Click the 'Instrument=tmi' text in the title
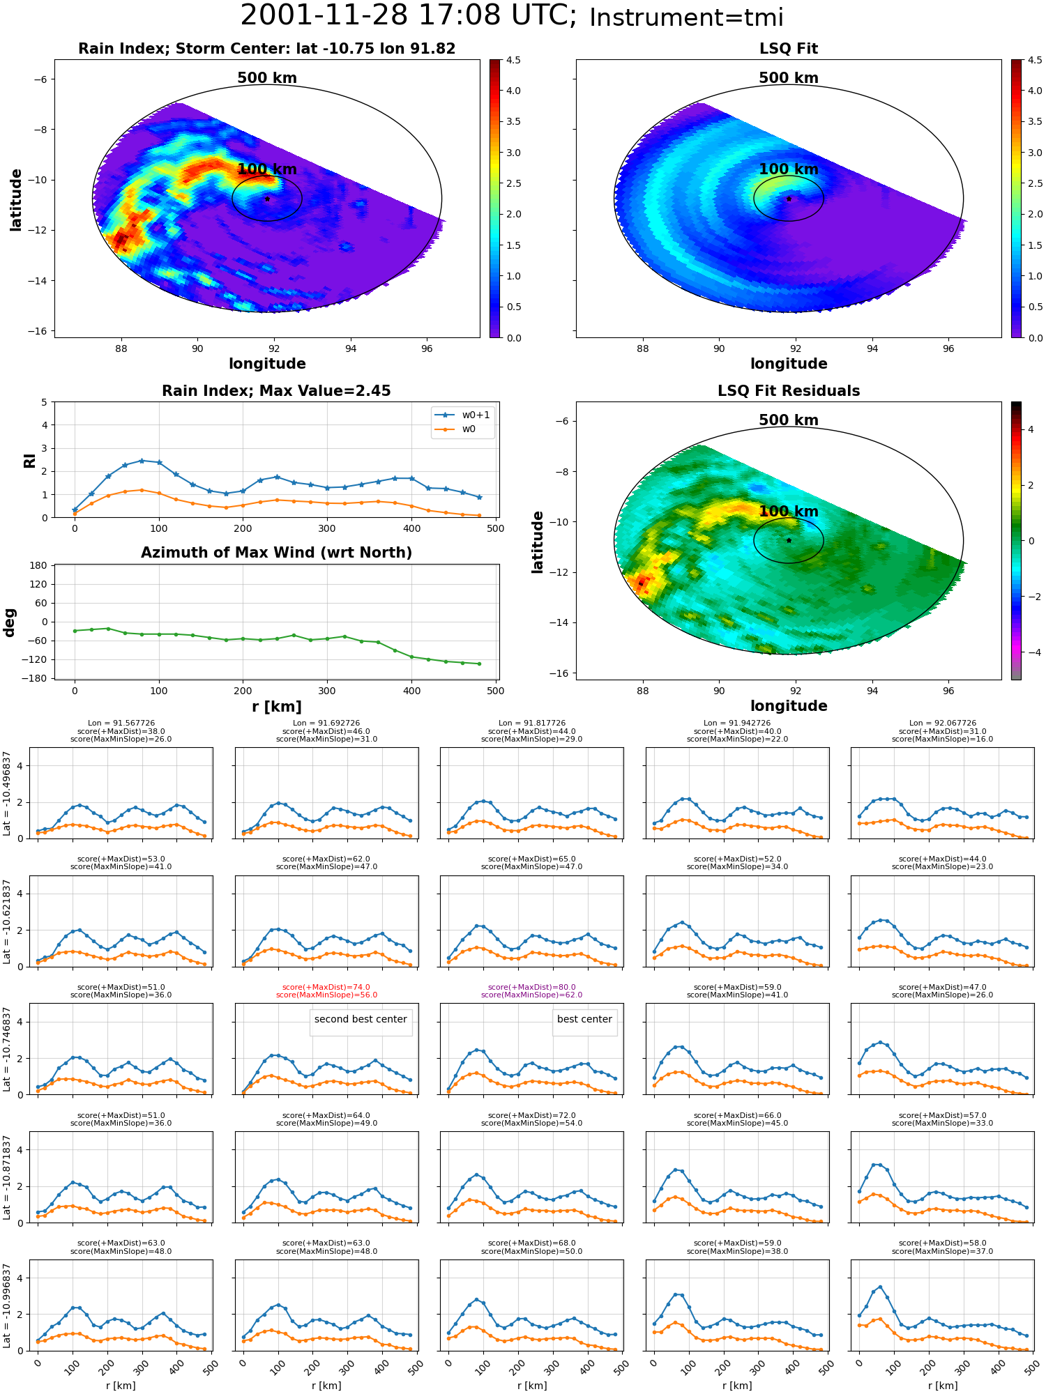point(686,17)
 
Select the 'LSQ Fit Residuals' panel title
point(789,391)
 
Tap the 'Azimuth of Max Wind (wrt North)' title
point(276,553)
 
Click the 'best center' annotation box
point(584,1019)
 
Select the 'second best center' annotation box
point(361,1019)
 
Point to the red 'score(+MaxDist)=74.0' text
point(326,987)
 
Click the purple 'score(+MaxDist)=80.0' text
point(532,987)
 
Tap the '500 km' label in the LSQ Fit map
point(789,78)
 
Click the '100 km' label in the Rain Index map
point(267,169)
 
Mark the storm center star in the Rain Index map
point(267,199)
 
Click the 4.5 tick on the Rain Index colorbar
point(513,60)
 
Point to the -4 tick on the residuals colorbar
point(1031,652)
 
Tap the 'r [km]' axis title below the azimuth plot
point(277,707)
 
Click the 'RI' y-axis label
point(30,460)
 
